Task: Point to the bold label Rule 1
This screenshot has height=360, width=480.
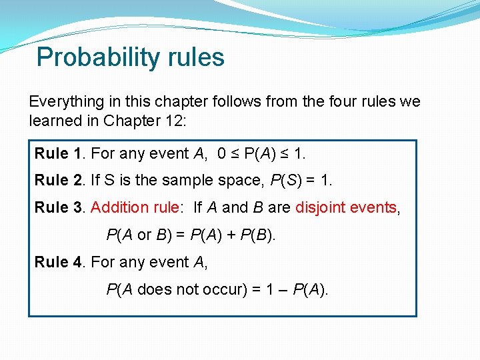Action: tap(52, 153)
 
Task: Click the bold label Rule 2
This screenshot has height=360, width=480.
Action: tap(52, 181)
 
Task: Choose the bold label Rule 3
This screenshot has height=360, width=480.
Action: tap(52, 207)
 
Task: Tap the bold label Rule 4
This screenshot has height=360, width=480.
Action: tap(52, 262)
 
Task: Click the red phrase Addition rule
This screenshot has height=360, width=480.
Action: tap(135, 207)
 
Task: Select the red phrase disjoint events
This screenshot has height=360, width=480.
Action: tap(346, 207)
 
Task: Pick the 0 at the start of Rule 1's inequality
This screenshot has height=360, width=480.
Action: tap(221, 153)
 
